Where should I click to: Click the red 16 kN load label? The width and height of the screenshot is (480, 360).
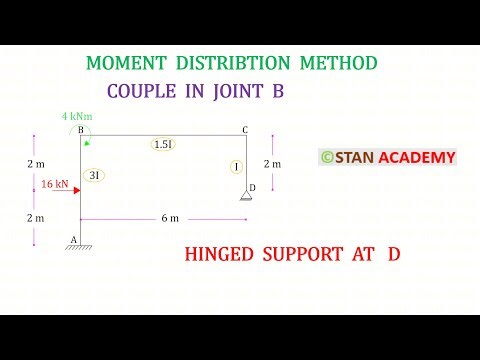(55, 184)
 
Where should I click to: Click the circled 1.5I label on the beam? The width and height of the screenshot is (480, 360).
(164, 144)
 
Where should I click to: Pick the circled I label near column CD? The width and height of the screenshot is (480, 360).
(235, 167)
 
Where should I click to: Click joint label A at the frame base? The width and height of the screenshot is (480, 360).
(72, 238)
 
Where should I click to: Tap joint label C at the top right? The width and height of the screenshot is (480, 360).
(245, 129)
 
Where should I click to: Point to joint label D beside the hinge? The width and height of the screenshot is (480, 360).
(253, 187)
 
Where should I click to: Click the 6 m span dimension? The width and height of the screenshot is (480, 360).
(162, 218)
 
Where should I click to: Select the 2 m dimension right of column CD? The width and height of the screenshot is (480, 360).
(272, 163)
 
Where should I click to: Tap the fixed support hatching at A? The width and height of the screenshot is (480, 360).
(81, 247)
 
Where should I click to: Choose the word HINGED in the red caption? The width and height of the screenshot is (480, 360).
(220, 255)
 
